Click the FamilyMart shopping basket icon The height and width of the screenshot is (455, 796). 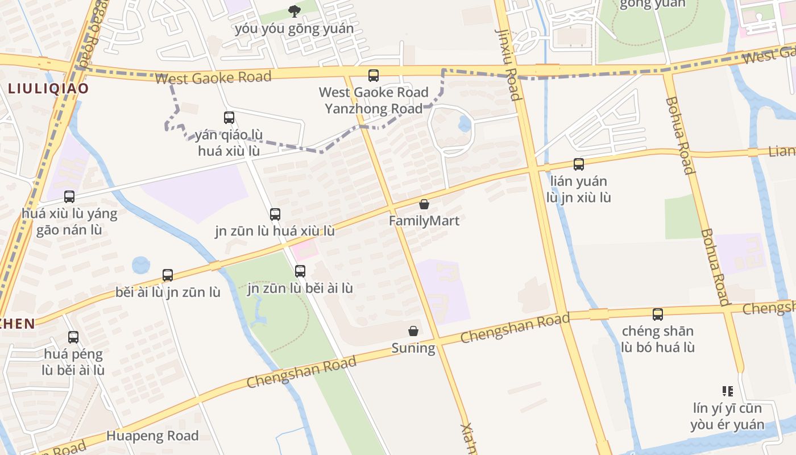pos(424,204)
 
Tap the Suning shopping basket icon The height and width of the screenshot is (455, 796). pos(413,331)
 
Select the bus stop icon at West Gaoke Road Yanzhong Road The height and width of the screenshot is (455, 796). pos(374,75)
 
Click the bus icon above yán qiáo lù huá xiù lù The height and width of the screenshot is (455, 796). pos(229,118)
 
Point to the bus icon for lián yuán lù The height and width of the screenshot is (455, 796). pos(579,164)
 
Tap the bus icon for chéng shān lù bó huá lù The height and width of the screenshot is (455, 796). pos(658,314)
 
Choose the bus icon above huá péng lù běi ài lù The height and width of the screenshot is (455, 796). pos(73,337)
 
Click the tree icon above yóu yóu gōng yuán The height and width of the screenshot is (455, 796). pos(294,11)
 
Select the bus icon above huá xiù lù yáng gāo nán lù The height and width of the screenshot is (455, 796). pos(69,197)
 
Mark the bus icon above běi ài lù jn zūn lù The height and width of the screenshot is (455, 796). pos(168,275)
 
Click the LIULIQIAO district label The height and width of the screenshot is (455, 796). pos(48,88)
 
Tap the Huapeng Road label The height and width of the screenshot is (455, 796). pos(152,436)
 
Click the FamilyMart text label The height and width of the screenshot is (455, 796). pos(424,221)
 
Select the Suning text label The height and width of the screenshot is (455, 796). pos(413,348)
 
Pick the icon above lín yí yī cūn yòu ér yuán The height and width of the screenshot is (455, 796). pos(727,391)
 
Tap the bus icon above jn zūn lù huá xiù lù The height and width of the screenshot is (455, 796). pos(275,214)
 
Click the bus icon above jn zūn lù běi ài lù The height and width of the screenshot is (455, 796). pos(300,271)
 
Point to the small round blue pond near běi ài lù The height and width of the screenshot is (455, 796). pos(140,265)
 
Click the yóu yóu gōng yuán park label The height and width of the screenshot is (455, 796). pos(294,28)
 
